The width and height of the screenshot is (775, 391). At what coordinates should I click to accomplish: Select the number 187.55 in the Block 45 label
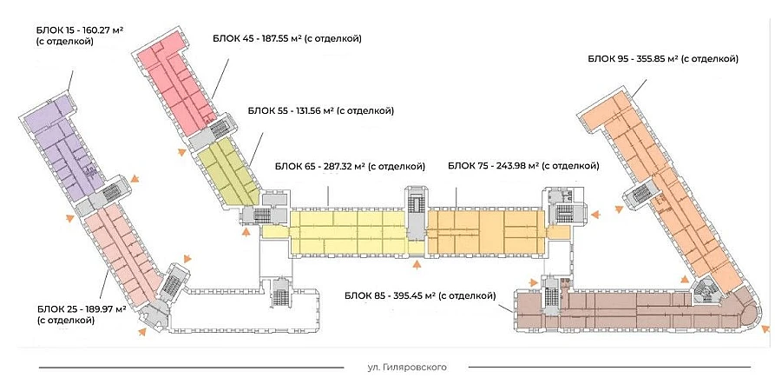coord(268,38)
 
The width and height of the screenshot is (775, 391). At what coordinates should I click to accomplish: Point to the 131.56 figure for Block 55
coord(303,110)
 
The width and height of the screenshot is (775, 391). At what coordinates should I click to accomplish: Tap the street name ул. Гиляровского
coord(407,368)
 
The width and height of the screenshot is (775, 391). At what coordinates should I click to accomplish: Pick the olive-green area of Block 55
coord(228,173)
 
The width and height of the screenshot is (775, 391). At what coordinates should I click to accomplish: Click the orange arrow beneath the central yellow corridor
coord(417,264)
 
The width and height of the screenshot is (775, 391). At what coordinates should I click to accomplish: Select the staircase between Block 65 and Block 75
coord(417,212)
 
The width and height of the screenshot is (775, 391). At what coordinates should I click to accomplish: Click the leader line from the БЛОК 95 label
coord(641,87)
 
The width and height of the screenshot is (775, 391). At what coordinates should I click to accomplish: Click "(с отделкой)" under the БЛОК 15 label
coord(65,42)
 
